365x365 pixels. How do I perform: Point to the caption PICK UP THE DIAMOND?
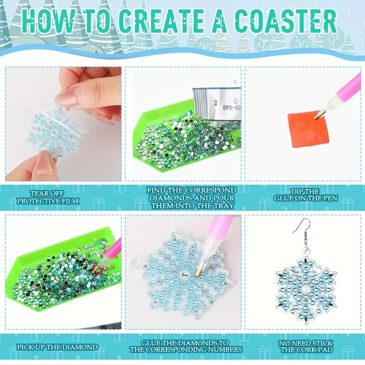coord(57,347)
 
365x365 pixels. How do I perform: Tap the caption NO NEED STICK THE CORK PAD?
coord(306,346)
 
